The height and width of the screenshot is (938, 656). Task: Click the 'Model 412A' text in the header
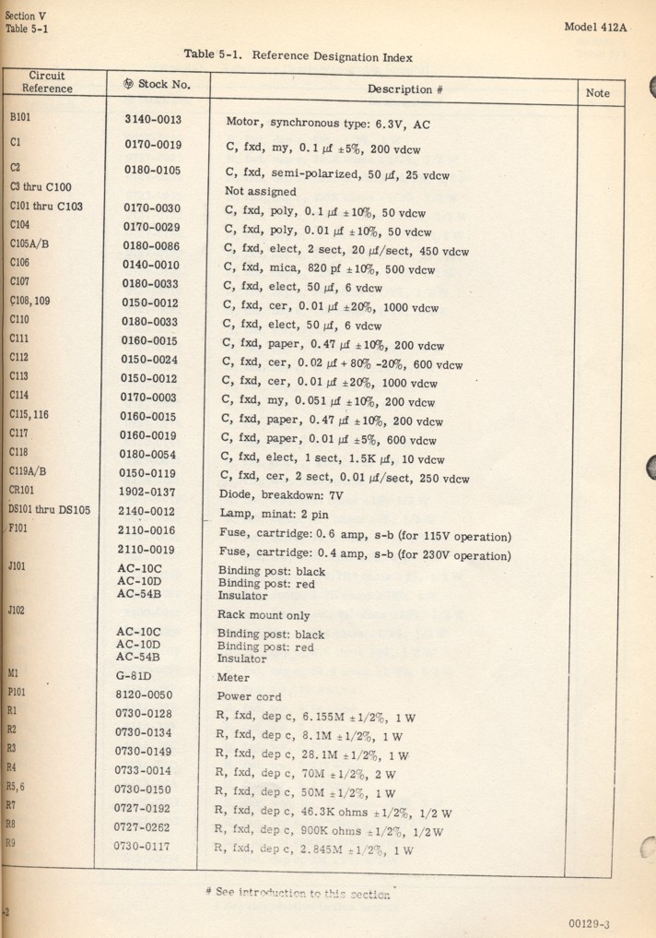point(594,27)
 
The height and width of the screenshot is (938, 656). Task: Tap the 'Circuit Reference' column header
point(47,82)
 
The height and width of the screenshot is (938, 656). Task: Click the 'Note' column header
point(597,93)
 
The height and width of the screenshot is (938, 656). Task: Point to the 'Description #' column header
point(400,89)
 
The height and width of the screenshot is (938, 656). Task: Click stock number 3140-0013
point(152,120)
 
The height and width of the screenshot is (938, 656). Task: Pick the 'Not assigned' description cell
point(261,192)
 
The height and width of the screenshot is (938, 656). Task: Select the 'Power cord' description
point(249,696)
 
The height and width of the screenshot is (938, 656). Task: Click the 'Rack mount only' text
point(263,615)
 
